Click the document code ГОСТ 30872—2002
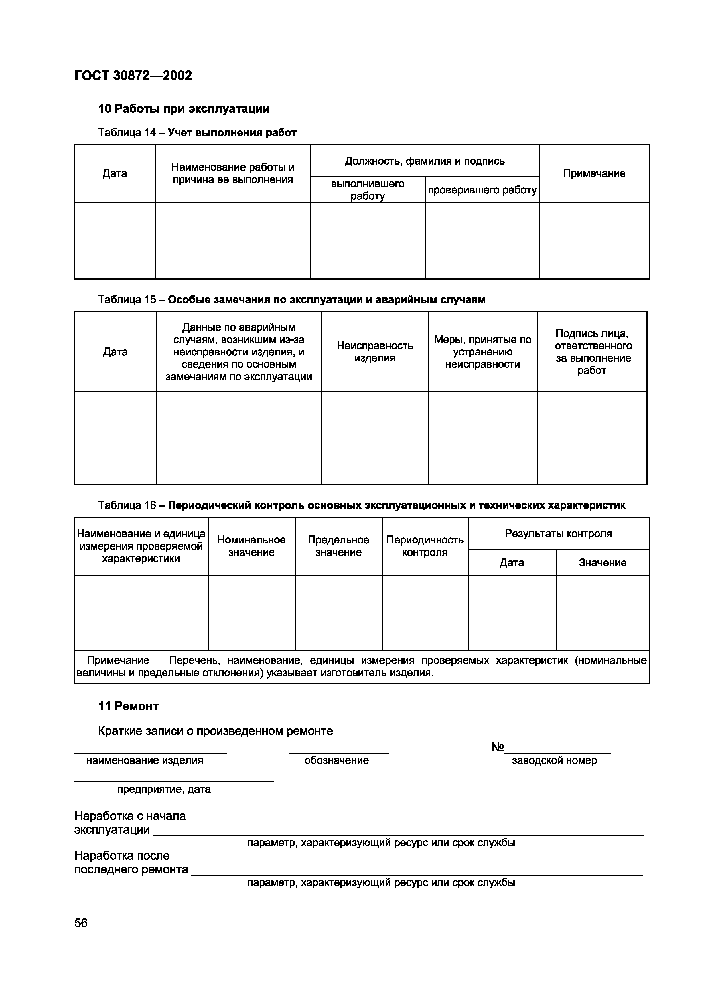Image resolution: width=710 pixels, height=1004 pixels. (x=133, y=76)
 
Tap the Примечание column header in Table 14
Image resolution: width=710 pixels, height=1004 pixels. (x=594, y=174)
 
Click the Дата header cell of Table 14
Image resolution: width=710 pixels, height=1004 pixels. (x=115, y=174)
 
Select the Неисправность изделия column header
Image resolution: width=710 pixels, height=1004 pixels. (x=374, y=352)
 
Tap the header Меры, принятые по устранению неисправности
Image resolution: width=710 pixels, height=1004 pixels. (x=482, y=352)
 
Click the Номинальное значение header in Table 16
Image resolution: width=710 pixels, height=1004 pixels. (x=251, y=546)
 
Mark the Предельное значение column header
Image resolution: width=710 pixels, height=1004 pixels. (x=338, y=546)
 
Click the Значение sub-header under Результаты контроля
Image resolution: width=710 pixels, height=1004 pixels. (x=602, y=563)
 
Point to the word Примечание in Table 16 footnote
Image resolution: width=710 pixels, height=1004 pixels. (x=118, y=660)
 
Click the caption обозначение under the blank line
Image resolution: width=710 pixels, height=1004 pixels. (x=336, y=760)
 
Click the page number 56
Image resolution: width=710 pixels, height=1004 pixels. (x=81, y=923)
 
